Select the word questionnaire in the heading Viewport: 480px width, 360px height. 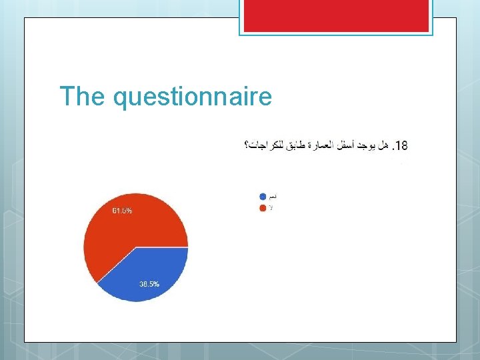click(193, 97)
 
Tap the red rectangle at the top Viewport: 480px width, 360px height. click(335, 15)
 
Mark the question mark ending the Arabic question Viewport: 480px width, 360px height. click(247, 145)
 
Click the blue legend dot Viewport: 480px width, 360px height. click(263, 197)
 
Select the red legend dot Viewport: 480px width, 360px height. click(263, 208)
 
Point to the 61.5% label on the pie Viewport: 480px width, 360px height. click(122, 211)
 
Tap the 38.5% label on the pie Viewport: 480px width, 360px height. click(149, 284)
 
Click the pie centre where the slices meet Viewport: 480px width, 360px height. click(136, 247)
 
